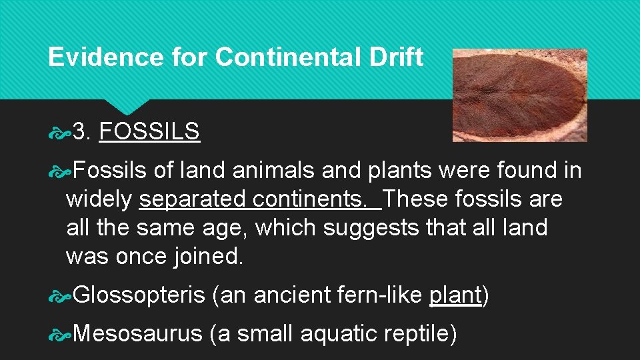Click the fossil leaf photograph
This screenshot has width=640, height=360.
point(519,95)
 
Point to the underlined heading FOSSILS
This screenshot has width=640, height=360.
point(149,132)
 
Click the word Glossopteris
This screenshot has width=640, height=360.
point(139,295)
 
